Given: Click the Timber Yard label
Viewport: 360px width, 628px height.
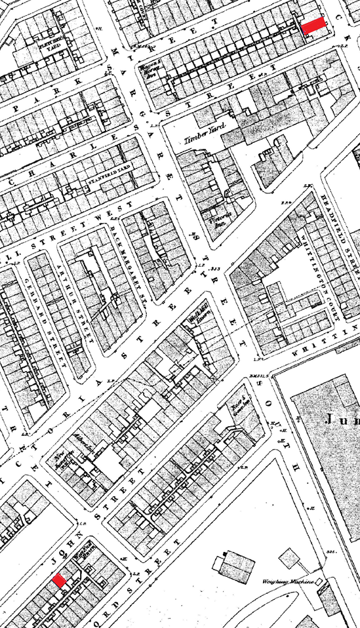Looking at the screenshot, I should point(200,138).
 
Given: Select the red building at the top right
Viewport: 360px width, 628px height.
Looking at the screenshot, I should point(314,24).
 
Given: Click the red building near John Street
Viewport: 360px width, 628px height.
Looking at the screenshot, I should point(59,580).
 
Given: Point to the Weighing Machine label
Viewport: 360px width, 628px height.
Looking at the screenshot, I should point(291,581).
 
